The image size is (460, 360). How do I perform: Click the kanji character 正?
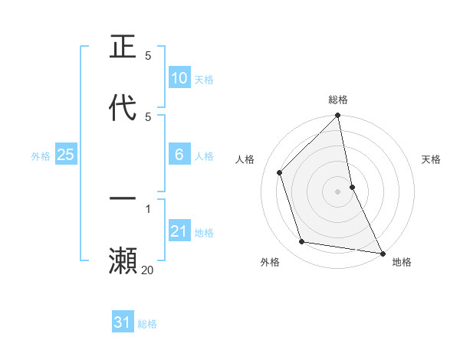[123, 47]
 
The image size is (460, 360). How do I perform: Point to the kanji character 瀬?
[123, 260]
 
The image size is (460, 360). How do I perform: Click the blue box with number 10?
[179, 78]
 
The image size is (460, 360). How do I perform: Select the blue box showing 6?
[179, 155]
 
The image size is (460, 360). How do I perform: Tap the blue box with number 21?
[179, 231]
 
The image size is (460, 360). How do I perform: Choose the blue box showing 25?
[66, 155]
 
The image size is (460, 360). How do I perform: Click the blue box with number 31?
[123, 322]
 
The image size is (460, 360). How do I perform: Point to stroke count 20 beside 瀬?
[148, 270]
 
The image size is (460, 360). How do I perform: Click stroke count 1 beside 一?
[148, 208]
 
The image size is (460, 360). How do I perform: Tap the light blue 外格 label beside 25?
[41, 156]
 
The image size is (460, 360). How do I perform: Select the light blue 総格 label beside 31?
[147, 324]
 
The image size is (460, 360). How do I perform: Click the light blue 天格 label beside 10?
[204, 80]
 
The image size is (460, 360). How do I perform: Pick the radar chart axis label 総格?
[338, 100]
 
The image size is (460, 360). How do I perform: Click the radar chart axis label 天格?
[432, 159]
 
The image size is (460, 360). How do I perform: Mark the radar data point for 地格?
[382, 253]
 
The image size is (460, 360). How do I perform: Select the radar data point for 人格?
[280, 172]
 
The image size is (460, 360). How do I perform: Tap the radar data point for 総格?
[338, 116]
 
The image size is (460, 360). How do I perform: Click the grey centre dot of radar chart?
[338, 191]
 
